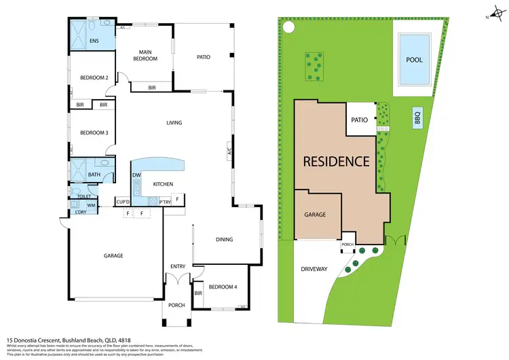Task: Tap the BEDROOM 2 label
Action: pos(94,77)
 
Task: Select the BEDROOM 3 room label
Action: pos(94,132)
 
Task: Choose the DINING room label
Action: pos(225,239)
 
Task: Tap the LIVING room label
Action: pos(176,123)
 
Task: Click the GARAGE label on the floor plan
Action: pos(113,256)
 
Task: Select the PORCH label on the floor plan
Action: pos(176,305)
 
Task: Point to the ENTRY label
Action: pos(177,266)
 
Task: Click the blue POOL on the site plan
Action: pos(414,60)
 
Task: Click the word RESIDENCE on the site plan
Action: pos(336,162)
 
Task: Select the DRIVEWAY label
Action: pos(314,269)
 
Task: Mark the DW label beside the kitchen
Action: pos(136,175)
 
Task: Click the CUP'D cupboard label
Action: pos(123,202)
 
